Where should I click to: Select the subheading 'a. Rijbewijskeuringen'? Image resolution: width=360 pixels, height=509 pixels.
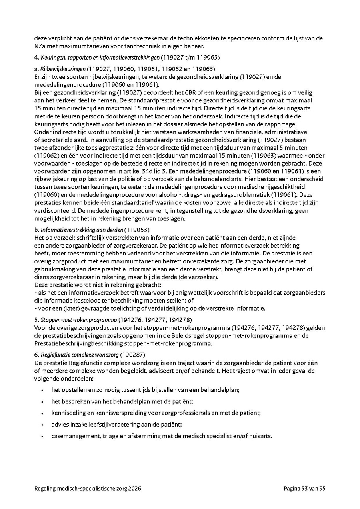60,69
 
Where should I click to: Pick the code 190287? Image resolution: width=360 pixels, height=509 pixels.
135,355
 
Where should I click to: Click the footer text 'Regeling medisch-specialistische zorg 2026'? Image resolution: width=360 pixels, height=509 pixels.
88,488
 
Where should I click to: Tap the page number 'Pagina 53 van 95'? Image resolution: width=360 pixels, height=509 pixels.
305,488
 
